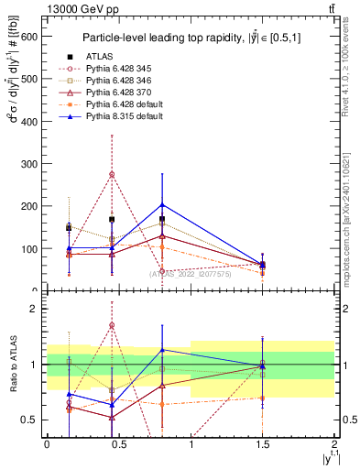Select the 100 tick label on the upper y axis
point(31,248)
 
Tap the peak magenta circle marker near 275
point(112,174)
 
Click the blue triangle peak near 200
point(162,205)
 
